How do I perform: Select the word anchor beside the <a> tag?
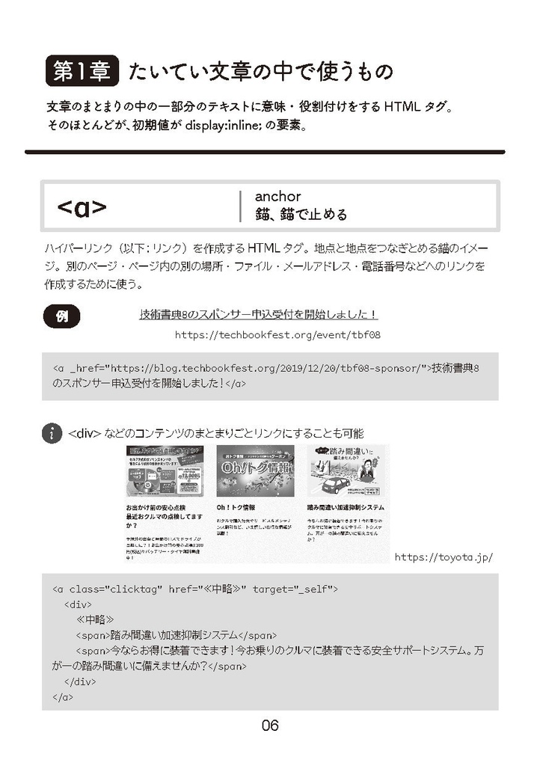pos(277,196)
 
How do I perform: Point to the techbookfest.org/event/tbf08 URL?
pos(277,335)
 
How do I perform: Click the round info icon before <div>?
pos(52,433)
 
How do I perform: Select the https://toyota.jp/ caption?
pos(443,557)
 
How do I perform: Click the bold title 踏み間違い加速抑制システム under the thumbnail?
pos(346,506)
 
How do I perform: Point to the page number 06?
pos(270,725)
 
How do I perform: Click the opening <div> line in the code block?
pos(78,604)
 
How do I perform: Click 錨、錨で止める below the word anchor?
pos(301,215)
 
